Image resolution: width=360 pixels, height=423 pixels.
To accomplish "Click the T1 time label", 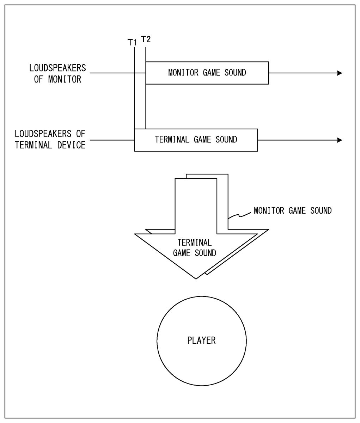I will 132,42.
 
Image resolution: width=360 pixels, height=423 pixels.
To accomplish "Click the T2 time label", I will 146,39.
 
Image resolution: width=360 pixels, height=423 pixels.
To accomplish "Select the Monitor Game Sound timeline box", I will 207,73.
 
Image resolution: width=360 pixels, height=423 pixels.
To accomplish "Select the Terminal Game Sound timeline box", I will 196,140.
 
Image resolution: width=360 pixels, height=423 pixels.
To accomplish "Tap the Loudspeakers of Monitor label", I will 57,73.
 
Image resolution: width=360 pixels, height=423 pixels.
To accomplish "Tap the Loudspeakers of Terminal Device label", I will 50,140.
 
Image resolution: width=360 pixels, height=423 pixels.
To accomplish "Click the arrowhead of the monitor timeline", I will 340,73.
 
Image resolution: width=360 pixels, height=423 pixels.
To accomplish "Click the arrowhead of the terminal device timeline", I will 340,140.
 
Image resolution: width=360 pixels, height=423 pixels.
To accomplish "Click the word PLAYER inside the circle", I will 201,341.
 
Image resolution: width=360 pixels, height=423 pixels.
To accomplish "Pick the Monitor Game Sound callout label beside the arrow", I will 293,211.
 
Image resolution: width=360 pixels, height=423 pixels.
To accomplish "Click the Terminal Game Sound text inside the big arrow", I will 195,248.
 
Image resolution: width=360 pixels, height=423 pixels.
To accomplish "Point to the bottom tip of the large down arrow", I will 196,278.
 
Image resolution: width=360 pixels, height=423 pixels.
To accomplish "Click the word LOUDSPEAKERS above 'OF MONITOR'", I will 57,68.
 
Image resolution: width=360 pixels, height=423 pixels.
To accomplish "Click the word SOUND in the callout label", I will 320,211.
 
